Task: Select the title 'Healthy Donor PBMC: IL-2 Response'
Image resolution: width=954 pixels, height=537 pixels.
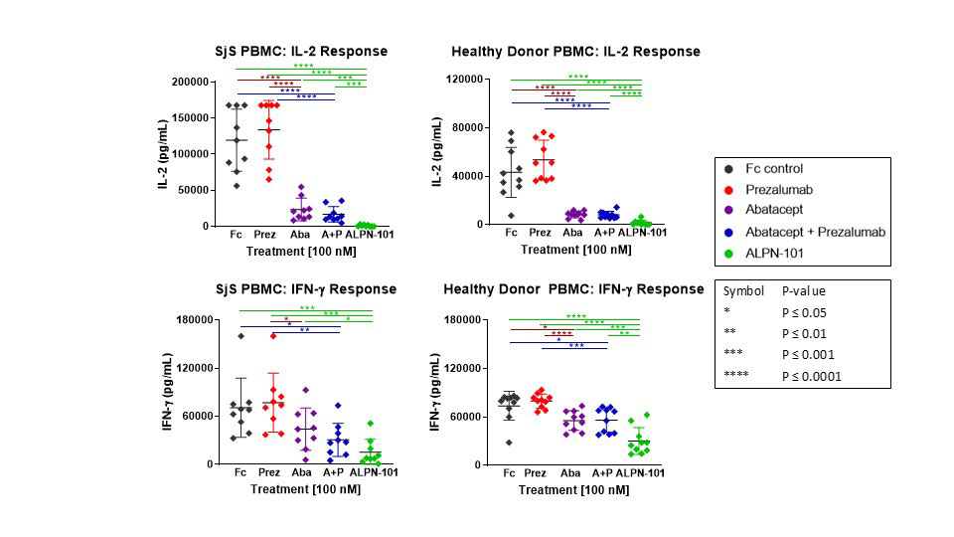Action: tap(575, 51)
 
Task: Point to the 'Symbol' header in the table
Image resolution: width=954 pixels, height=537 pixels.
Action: tap(743, 291)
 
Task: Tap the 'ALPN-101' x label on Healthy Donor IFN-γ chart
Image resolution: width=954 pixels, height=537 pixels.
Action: tap(641, 473)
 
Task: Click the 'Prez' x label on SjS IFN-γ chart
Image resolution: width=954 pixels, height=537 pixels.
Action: tap(269, 472)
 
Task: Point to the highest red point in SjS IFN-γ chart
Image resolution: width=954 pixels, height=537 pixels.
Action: tap(272, 335)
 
